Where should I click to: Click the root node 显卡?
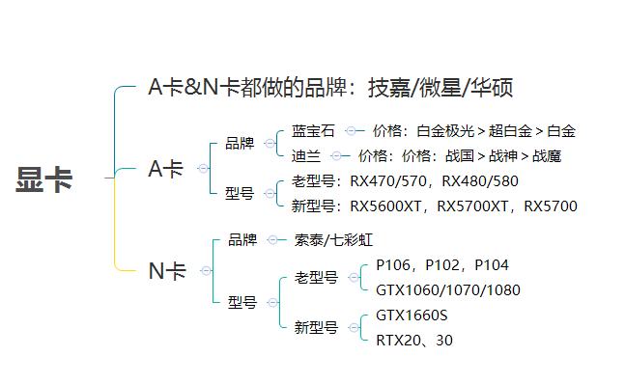click(x=44, y=179)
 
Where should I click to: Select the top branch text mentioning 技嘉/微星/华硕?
click(x=328, y=88)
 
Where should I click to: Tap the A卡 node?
click(x=165, y=169)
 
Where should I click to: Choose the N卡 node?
click(x=166, y=271)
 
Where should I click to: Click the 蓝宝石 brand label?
click(x=312, y=131)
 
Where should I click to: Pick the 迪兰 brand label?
click(x=305, y=154)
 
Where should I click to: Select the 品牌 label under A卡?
click(x=240, y=143)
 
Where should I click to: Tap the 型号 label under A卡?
click(x=240, y=193)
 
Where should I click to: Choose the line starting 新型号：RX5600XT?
click(x=434, y=206)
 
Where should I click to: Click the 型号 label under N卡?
click(x=242, y=302)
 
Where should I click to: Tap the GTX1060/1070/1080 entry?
click(x=448, y=288)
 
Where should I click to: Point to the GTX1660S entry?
click(x=412, y=315)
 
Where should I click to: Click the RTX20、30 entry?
click(x=414, y=340)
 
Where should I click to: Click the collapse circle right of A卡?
click(x=203, y=169)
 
